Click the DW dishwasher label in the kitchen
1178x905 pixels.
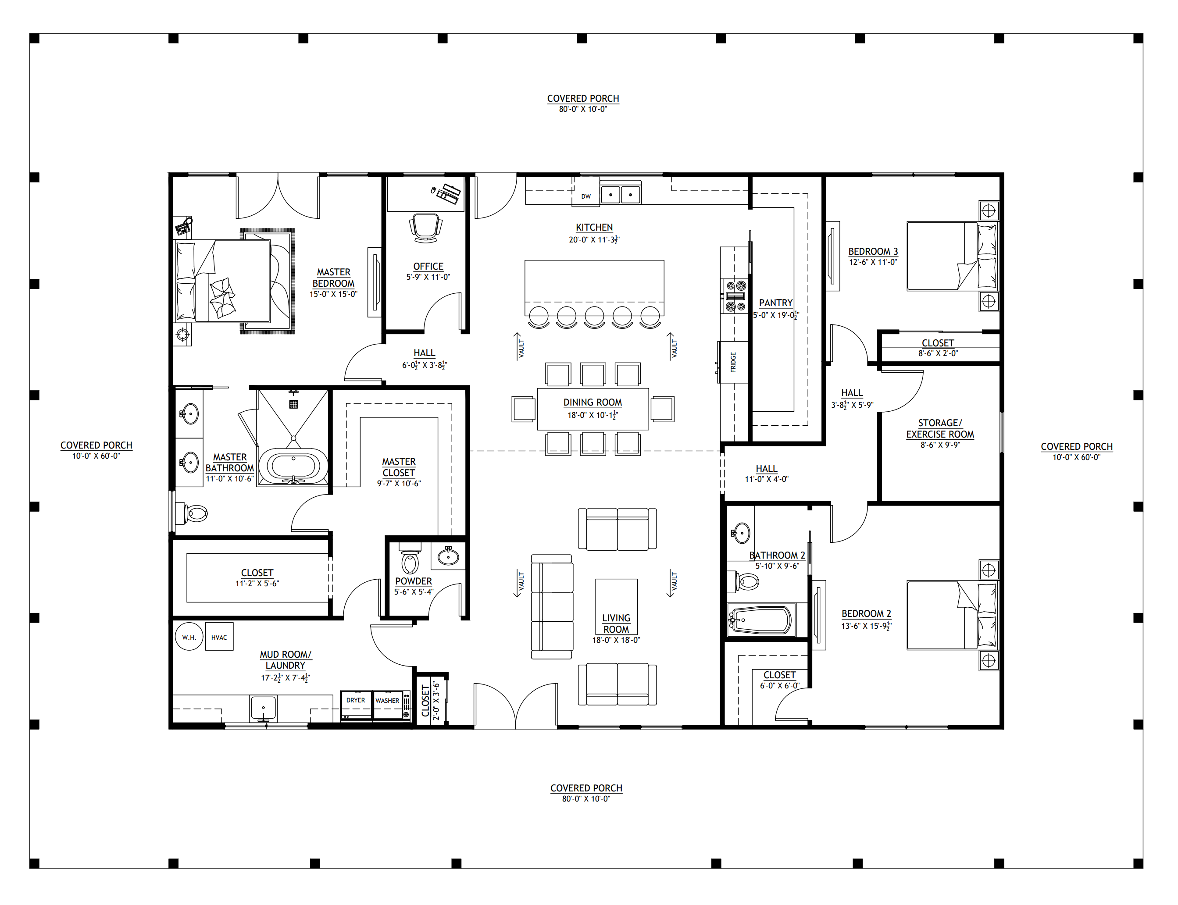pos(586,196)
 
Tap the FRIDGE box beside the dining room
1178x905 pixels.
pos(733,362)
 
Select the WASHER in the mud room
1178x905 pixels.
pos(387,705)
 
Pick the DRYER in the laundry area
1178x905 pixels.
pos(356,705)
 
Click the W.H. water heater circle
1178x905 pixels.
pos(189,637)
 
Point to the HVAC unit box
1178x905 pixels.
pos(219,637)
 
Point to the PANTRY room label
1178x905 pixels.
pos(775,303)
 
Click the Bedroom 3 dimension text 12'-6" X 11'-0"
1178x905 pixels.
pos(873,262)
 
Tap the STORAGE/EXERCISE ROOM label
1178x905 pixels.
pos(940,429)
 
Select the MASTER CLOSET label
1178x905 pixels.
pos(399,467)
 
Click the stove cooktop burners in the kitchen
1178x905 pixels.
pos(735,296)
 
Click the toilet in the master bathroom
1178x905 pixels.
pos(194,513)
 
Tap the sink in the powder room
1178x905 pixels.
pos(448,556)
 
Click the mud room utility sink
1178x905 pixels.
pos(263,709)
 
